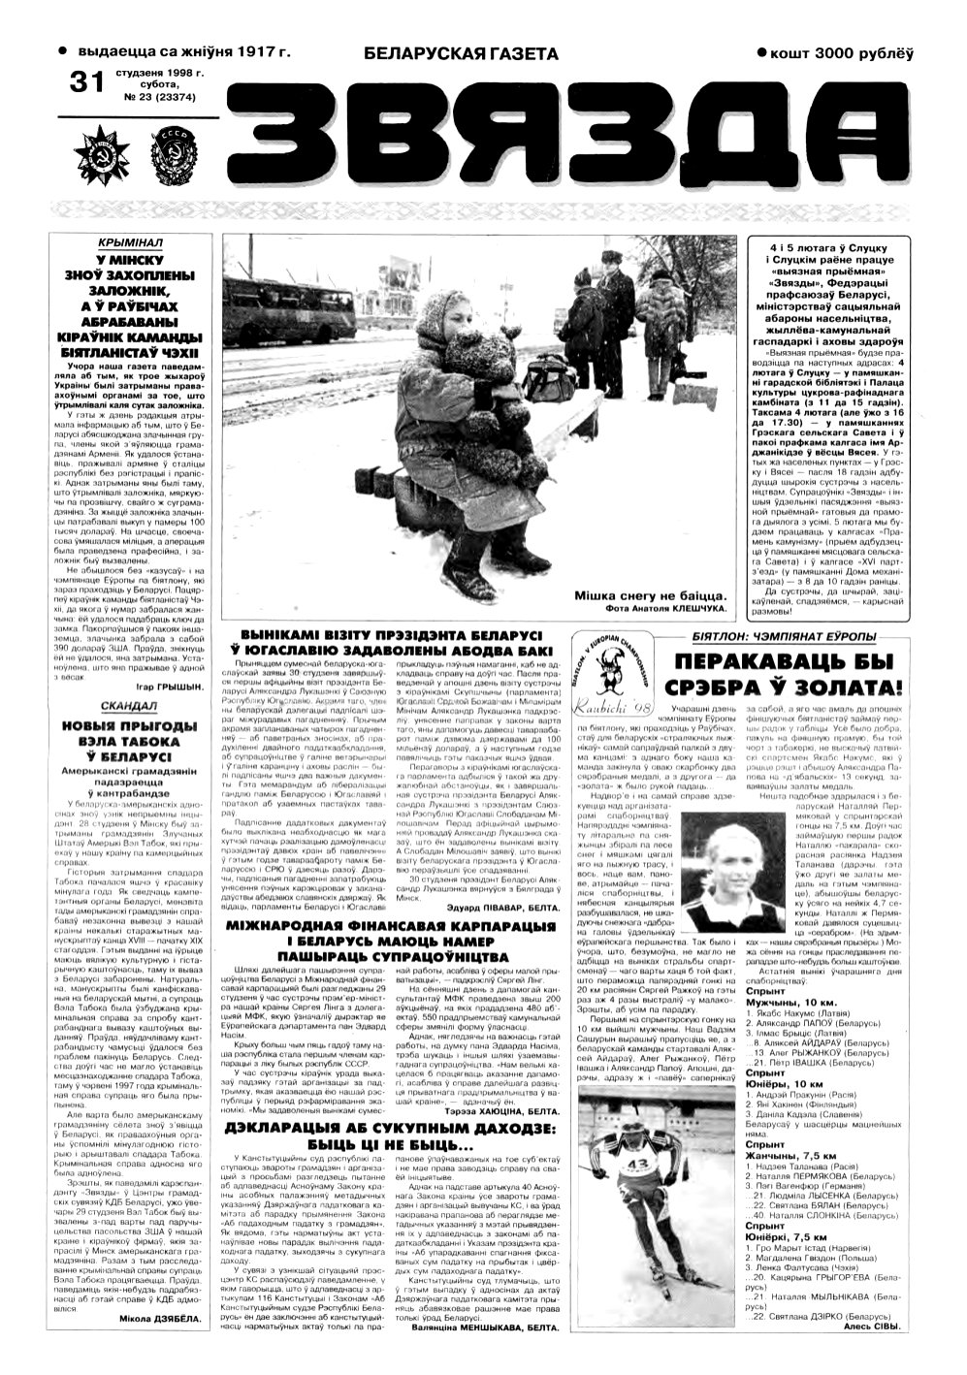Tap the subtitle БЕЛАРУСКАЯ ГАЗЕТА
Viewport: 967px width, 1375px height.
461,54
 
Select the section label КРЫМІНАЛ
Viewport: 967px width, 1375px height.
134,241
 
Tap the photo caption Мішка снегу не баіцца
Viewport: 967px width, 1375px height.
650,594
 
